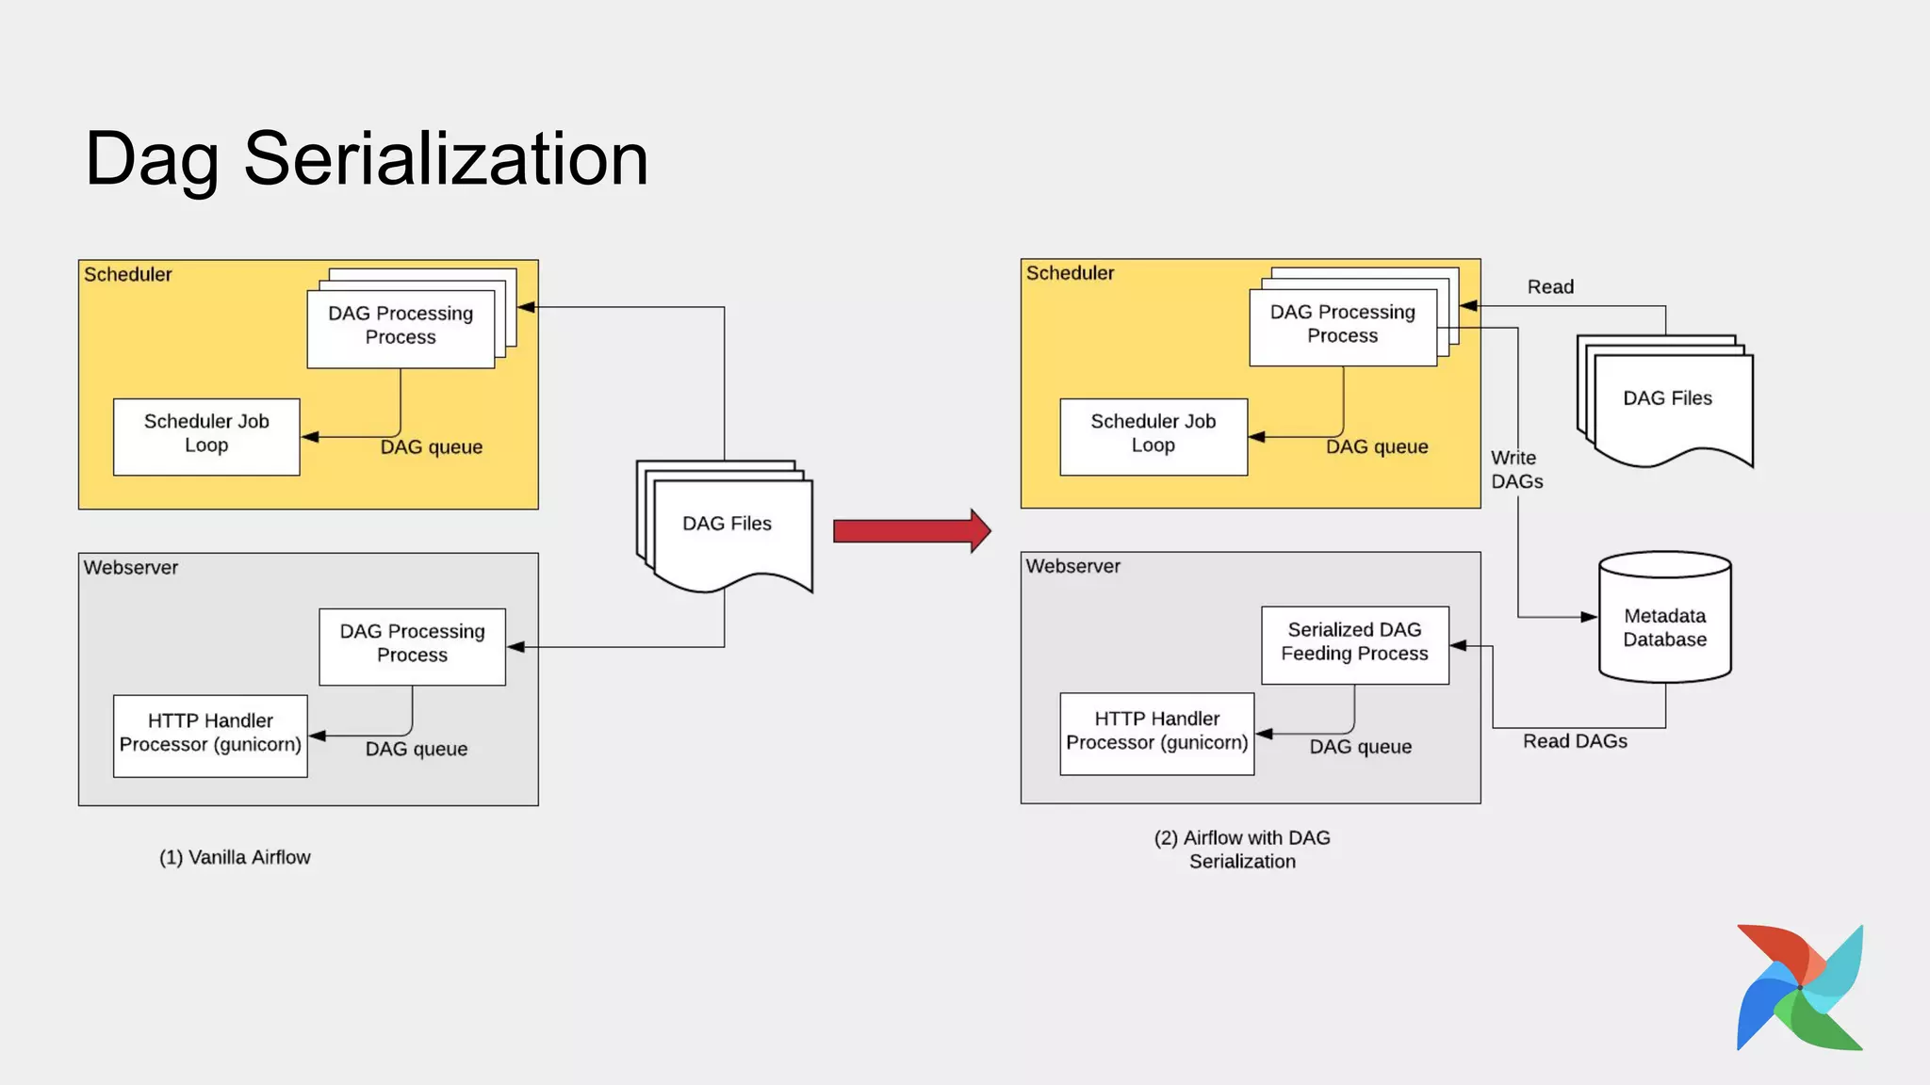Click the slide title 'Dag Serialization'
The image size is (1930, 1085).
[x=366, y=158]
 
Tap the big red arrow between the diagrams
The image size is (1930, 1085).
[x=910, y=531]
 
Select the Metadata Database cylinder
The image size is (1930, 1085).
[x=1664, y=622]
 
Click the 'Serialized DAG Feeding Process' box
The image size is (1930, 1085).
[x=1354, y=642]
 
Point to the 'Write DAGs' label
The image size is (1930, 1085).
[x=1515, y=469]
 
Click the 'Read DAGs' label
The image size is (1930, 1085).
[x=1575, y=741]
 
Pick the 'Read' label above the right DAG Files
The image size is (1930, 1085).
[x=1550, y=286]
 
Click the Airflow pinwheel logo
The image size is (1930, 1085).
[x=1799, y=987]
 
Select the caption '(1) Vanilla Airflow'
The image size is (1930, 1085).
[x=235, y=857]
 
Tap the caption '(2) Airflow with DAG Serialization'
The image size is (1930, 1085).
[x=1242, y=849]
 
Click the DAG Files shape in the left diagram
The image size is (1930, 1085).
[x=727, y=524]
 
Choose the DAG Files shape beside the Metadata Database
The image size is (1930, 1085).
[x=1667, y=398]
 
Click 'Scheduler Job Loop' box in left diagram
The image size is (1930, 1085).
[x=206, y=434]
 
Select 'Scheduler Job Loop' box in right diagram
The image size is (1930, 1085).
[x=1153, y=434]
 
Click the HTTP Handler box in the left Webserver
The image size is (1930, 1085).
[x=210, y=734]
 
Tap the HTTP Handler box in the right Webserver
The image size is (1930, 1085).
[x=1156, y=732]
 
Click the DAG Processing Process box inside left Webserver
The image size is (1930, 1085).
[x=412, y=644]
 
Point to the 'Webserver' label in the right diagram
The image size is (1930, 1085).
[x=1072, y=566]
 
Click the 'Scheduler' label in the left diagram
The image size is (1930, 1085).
[x=128, y=274]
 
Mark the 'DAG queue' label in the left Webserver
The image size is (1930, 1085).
[x=416, y=749]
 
